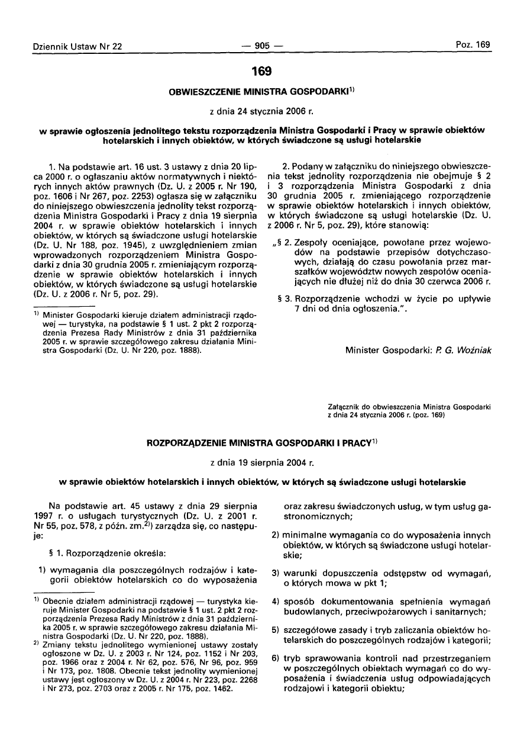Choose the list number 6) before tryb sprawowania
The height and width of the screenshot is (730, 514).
pos(275,658)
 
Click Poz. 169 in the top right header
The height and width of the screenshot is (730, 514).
pos(473,45)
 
